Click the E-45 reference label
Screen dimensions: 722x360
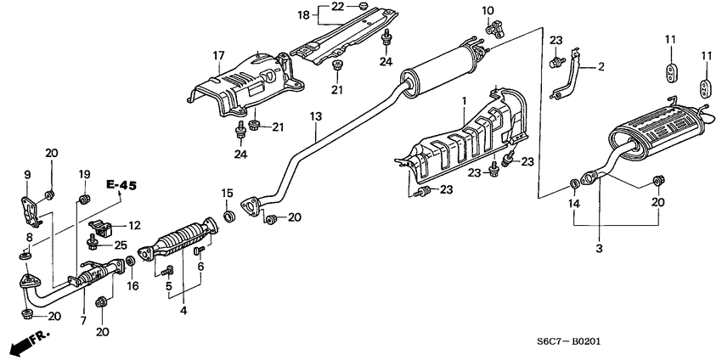click(x=121, y=185)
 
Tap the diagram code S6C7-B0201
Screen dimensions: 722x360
click(x=569, y=341)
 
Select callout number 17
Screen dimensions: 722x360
click(x=218, y=56)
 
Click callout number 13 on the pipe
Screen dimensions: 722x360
click(x=315, y=116)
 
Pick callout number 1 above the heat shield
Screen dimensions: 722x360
click(x=465, y=100)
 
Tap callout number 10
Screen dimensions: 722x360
click(x=488, y=10)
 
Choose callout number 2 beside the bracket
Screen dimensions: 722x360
click(x=601, y=67)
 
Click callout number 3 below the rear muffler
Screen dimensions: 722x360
click(x=599, y=249)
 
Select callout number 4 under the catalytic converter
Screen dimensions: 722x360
click(x=183, y=311)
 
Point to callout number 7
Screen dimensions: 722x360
click(x=83, y=321)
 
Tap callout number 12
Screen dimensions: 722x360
click(x=134, y=226)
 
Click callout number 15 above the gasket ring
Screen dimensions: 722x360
click(x=228, y=193)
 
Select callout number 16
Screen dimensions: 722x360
click(x=133, y=286)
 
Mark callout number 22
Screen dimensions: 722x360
click(x=337, y=7)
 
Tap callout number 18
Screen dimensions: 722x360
click(x=303, y=15)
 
